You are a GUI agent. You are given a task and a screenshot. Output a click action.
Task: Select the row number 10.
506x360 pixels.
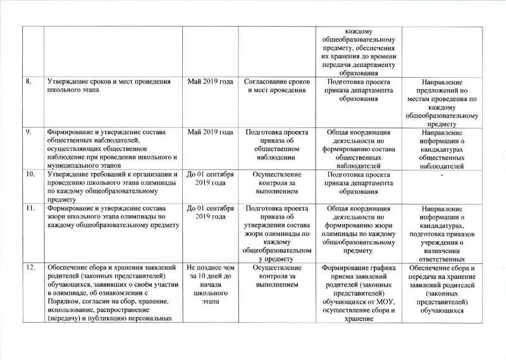tap(30, 173)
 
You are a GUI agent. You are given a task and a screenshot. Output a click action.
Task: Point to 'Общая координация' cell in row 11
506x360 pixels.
tap(358, 229)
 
